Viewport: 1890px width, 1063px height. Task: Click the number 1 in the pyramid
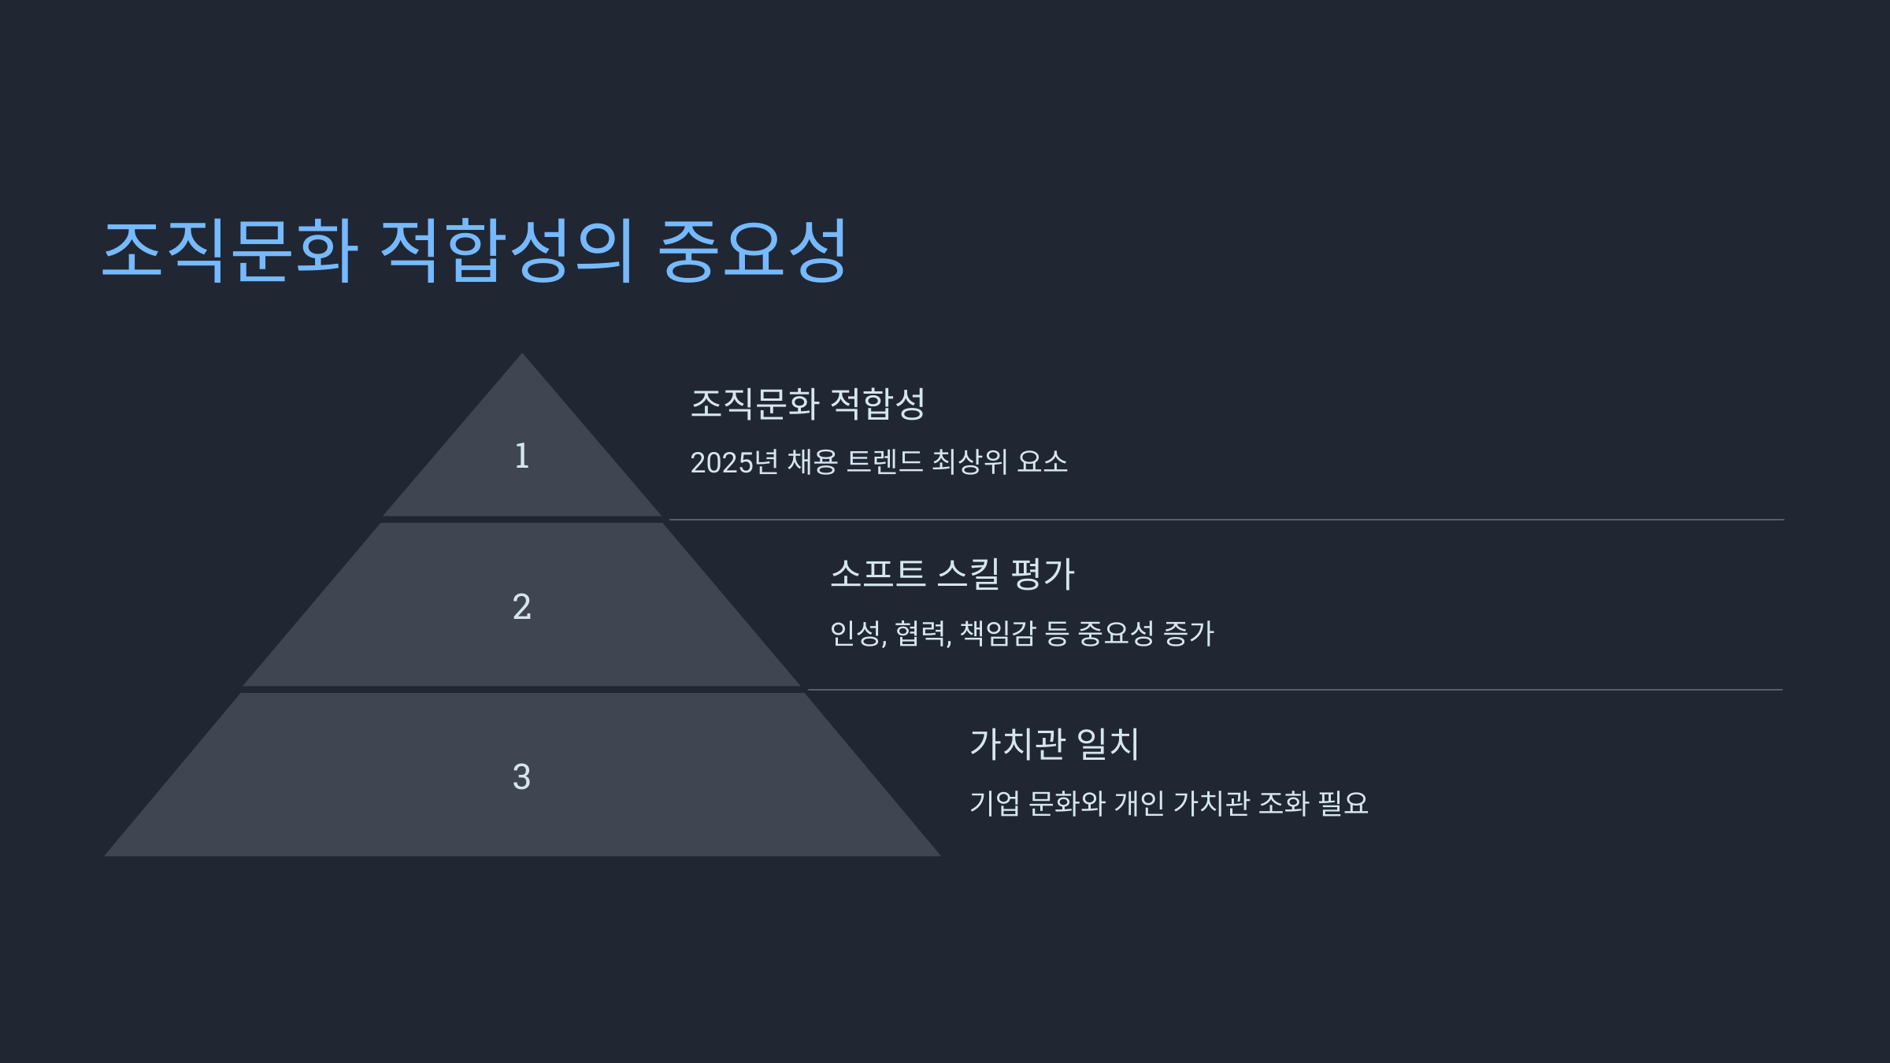pyautogui.click(x=521, y=456)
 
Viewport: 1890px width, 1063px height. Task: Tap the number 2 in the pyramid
pyautogui.click(x=521, y=607)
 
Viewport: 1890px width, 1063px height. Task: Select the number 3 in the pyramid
pyautogui.click(x=521, y=777)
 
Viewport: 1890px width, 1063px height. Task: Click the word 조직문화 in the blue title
pyautogui.click(x=230, y=250)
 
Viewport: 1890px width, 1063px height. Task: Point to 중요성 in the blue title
pyautogui.click(x=752, y=250)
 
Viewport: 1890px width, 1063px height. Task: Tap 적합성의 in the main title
pyautogui.click(x=507, y=250)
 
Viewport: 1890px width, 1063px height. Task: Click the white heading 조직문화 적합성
pyautogui.click(x=807, y=403)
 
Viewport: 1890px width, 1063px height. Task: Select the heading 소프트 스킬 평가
pyautogui.click(x=952, y=573)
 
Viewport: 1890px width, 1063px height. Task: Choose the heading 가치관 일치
pyautogui.click(x=1054, y=743)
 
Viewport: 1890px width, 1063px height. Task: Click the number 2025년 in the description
pyautogui.click(x=734, y=462)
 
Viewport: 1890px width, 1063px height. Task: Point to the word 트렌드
pyautogui.click(x=884, y=462)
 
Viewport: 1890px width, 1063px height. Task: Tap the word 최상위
pyautogui.click(x=969, y=462)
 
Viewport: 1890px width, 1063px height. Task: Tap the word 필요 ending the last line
pyautogui.click(x=1343, y=803)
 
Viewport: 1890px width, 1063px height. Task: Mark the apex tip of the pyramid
pyautogui.click(x=521, y=356)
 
